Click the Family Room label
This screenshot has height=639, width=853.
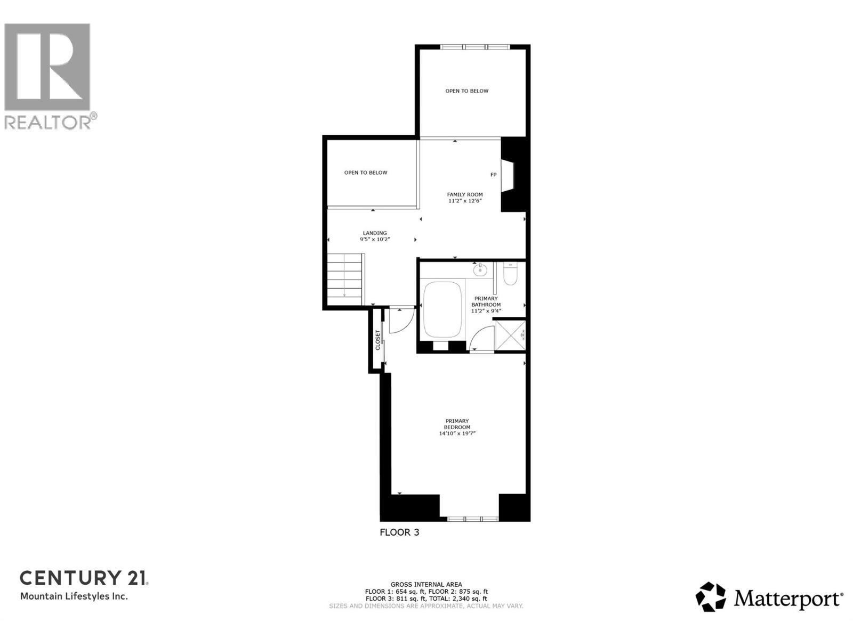pos(465,195)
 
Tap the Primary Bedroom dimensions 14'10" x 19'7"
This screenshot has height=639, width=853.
pos(457,434)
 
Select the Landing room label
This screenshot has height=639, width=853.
pos(375,233)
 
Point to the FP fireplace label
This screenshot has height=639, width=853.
pos(493,175)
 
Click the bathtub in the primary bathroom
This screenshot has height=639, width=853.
pos(442,310)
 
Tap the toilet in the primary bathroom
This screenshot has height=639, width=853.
pos(510,274)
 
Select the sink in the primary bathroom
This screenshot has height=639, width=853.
pos(480,269)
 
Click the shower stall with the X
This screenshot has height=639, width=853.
pos(510,335)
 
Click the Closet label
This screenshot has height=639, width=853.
pos(378,340)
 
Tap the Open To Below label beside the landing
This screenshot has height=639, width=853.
pos(366,173)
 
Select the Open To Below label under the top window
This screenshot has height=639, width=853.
pos(467,91)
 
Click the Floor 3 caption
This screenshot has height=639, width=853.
pos(399,532)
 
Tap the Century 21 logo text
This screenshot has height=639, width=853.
pos(84,578)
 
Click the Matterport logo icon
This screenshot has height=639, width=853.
pos(711,597)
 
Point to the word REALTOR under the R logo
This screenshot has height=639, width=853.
pos(48,122)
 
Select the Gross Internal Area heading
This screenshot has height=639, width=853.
pos(426,584)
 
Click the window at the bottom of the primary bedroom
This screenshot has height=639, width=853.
pos(473,518)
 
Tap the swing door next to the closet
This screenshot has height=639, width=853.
pos(400,321)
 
